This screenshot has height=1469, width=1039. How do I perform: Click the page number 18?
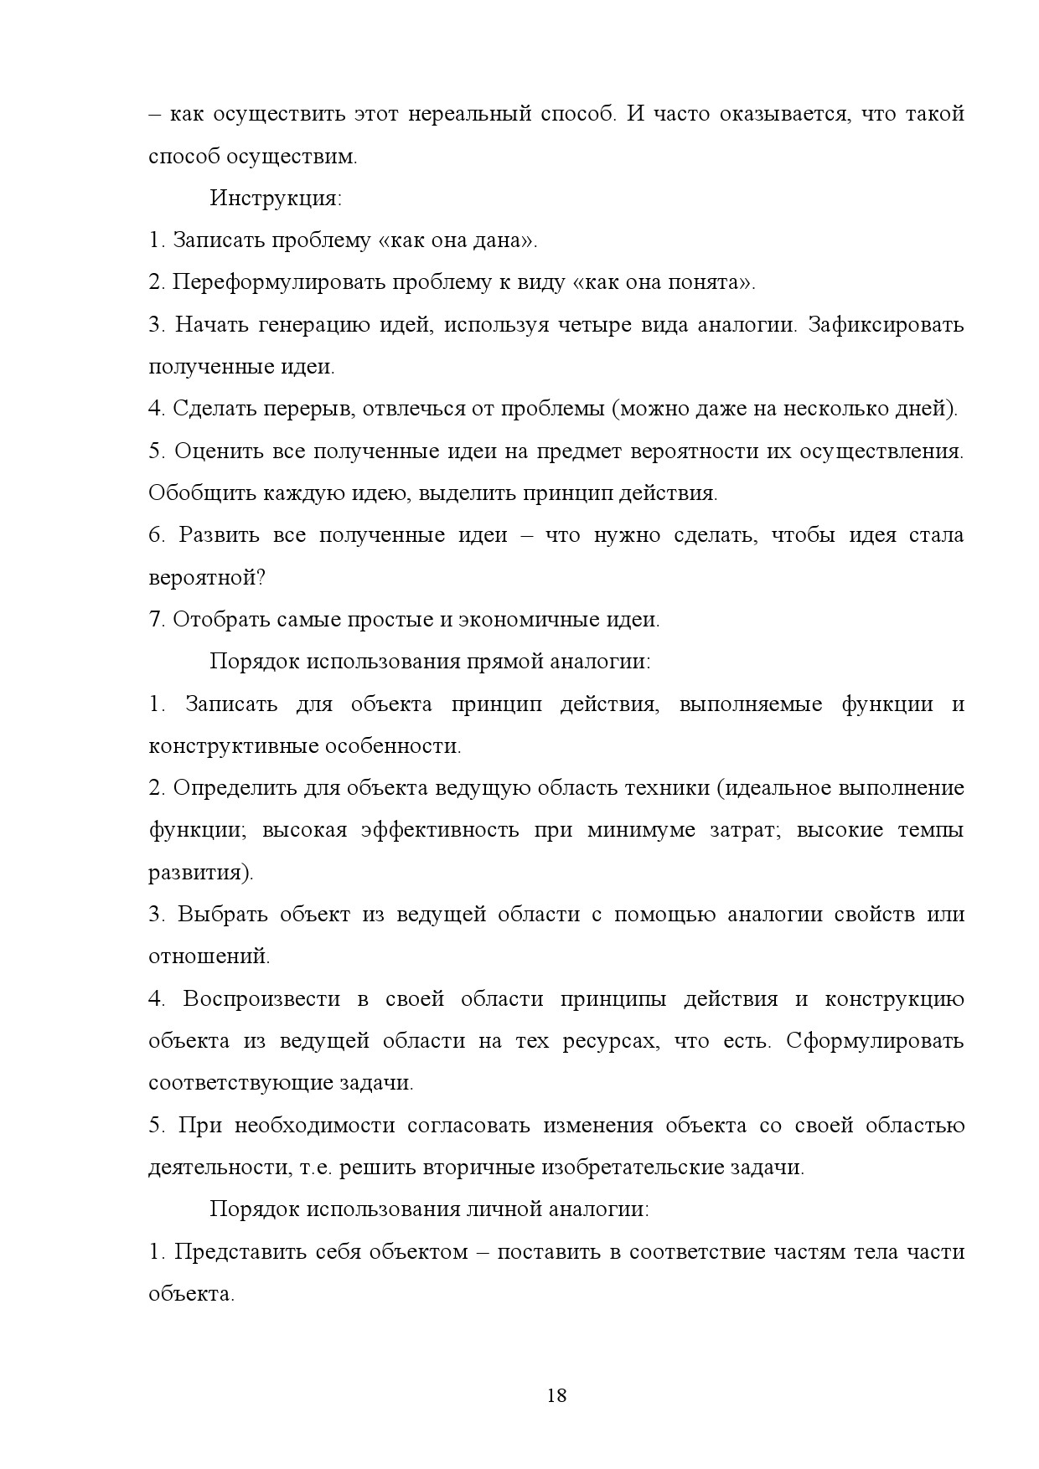(x=556, y=1395)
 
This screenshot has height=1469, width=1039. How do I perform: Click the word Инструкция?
(x=275, y=198)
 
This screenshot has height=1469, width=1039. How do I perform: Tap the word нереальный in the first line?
(x=469, y=114)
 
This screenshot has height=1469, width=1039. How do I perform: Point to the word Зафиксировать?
(x=886, y=325)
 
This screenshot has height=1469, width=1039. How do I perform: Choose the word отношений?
(x=208, y=956)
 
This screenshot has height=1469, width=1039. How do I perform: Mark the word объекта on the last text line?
(x=189, y=1294)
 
